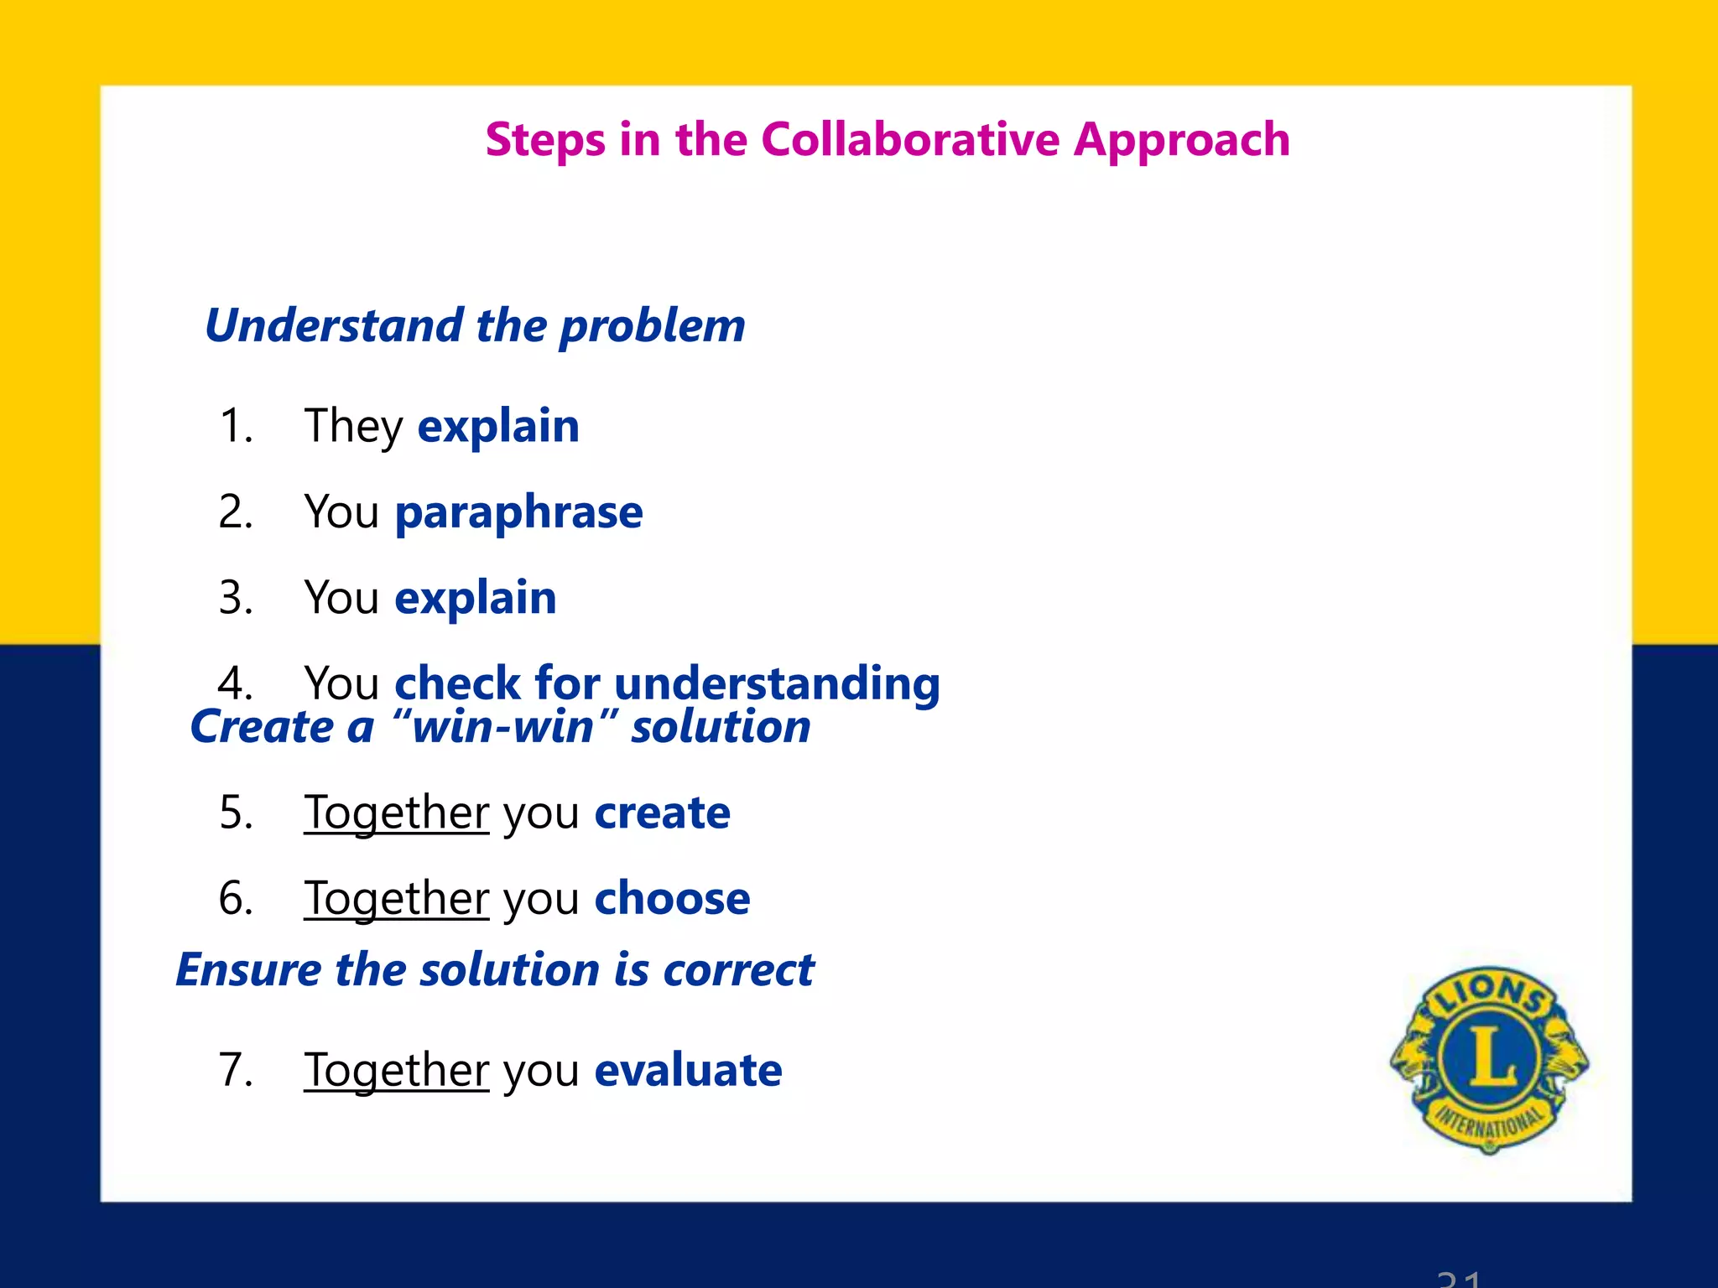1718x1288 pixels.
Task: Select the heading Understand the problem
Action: tap(475, 326)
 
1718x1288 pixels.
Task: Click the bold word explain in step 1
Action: tap(498, 427)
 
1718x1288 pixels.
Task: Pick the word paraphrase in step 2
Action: tap(518, 513)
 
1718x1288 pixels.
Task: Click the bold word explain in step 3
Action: tap(475, 599)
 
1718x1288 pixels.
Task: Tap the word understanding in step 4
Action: tap(777, 684)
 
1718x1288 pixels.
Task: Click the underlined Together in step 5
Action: tap(396, 813)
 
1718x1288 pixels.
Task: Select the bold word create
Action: tap(662, 813)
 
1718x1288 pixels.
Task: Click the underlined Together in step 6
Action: tap(396, 899)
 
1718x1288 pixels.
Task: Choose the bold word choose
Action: tap(672, 899)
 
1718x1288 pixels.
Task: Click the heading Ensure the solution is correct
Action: tap(495, 970)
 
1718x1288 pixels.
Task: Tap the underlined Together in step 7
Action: tap(396, 1071)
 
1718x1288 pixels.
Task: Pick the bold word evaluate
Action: tap(688, 1071)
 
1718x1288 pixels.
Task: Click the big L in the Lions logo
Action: tap(1490, 1057)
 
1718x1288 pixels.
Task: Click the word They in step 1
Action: tap(353, 427)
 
